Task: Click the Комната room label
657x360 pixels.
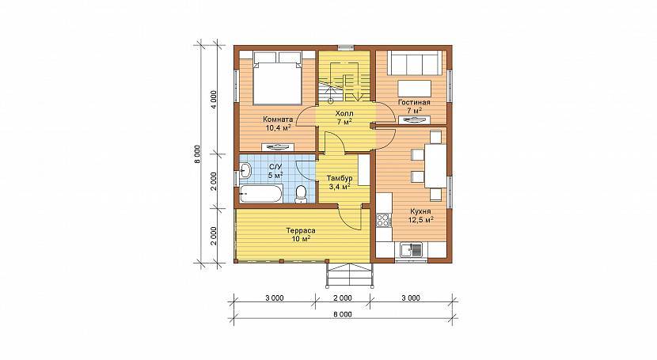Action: (x=278, y=119)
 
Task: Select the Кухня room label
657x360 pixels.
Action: (x=420, y=212)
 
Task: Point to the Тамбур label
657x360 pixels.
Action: (x=340, y=179)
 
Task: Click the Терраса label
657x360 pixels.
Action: (x=301, y=231)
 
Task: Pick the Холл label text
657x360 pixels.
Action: (x=344, y=114)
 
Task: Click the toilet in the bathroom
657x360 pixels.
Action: (x=301, y=194)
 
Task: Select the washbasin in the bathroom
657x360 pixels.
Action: (x=245, y=170)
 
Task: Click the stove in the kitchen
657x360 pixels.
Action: (x=383, y=220)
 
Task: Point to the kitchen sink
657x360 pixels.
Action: (x=412, y=250)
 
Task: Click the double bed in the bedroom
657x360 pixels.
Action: (x=277, y=78)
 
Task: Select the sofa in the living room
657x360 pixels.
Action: (x=415, y=63)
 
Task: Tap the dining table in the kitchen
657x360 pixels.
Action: (x=435, y=166)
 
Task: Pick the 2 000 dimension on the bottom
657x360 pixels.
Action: (x=343, y=298)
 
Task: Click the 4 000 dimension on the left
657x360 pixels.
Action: (x=214, y=100)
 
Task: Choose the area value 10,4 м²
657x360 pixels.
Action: (x=278, y=127)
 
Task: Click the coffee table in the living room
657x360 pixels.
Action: (x=415, y=89)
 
